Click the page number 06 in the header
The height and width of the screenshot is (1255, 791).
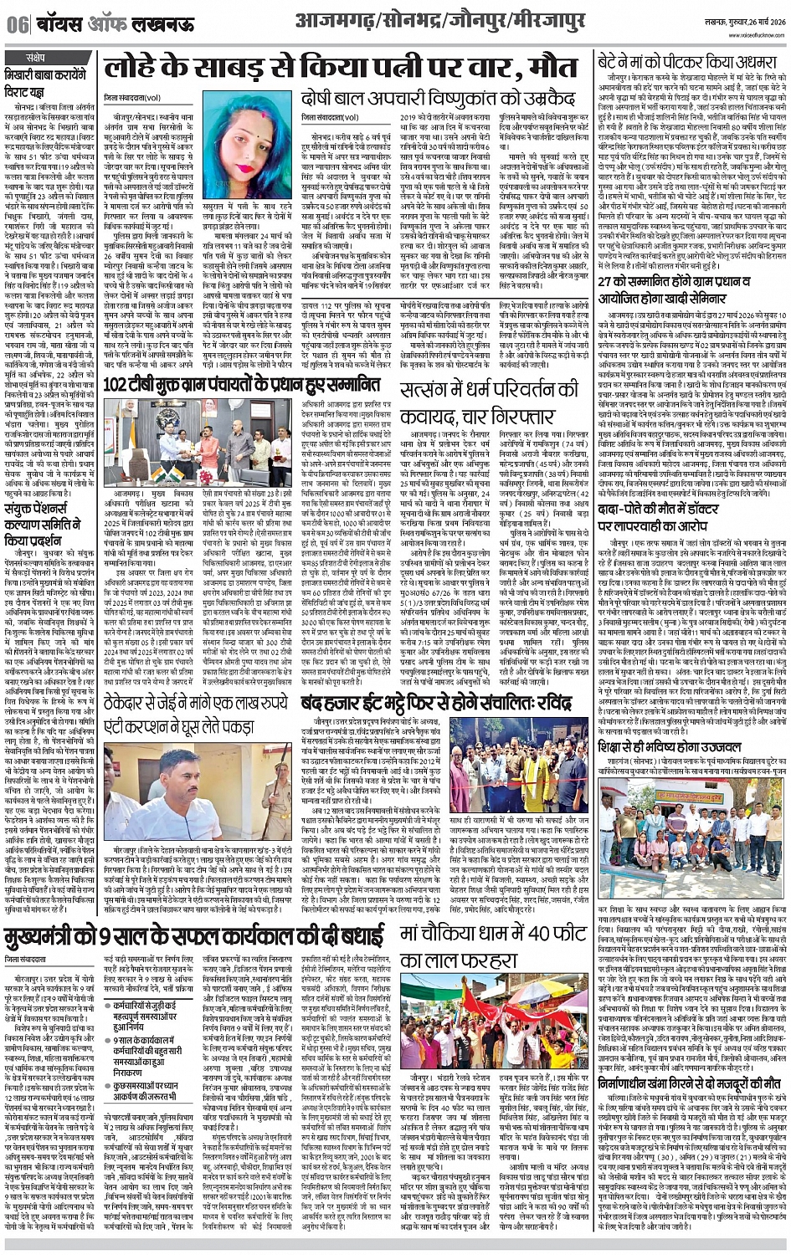coord(17,24)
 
